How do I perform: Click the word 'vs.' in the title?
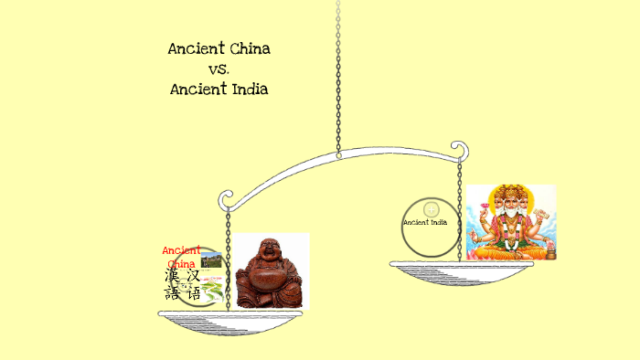pyautogui.click(x=219, y=69)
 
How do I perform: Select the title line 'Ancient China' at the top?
pyautogui.click(x=219, y=48)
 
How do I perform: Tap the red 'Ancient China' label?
pyautogui.click(x=181, y=257)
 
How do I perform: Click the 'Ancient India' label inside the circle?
pyautogui.click(x=425, y=222)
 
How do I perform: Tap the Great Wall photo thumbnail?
pyautogui.click(x=211, y=259)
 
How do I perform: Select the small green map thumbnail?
pyautogui.click(x=211, y=291)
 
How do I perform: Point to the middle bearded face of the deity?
pyautogui.click(x=510, y=203)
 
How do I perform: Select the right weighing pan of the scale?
pyautogui.click(x=461, y=266)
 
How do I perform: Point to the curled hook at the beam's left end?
pyautogui.click(x=223, y=198)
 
